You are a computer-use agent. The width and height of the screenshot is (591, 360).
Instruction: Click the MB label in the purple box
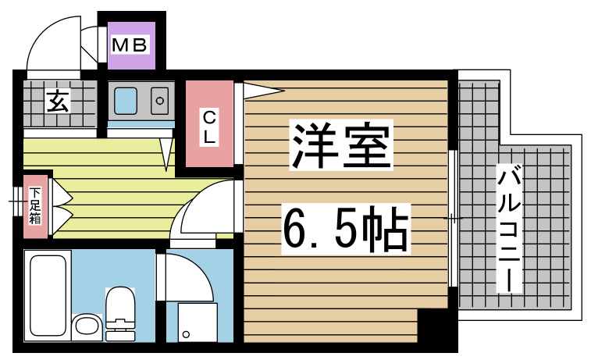[130, 45]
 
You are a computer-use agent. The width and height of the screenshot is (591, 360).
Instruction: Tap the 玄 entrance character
[55, 102]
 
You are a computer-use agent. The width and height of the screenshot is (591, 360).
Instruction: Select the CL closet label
[209, 127]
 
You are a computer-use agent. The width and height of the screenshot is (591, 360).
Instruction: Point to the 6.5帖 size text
[344, 226]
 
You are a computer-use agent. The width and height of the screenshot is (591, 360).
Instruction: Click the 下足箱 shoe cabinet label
[35, 205]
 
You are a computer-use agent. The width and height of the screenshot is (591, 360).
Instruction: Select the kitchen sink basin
[126, 100]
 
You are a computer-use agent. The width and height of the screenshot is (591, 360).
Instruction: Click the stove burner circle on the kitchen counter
[160, 100]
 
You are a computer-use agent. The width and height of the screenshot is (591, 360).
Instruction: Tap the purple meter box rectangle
[130, 45]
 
